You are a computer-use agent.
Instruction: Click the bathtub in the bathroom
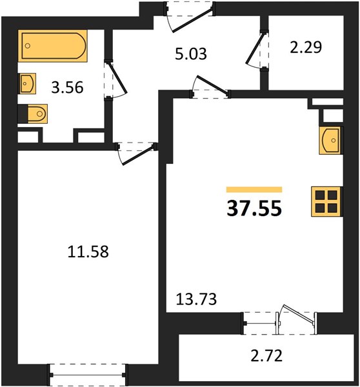[x=52, y=46]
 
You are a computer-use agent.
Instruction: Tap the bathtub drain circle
[x=28, y=46]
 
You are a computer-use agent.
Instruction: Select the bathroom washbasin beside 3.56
[x=27, y=83]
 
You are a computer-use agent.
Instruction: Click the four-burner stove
[x=326, y=202]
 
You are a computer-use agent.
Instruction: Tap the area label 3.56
[x=67, y=88]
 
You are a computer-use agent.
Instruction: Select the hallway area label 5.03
[x=190, y=54]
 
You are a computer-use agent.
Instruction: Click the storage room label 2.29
[x=306, y=47]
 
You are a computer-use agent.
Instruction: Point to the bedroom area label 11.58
[x=88, y=252]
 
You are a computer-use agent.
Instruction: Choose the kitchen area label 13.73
[x=196, y=299]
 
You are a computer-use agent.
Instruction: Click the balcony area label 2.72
[x=266, y=356]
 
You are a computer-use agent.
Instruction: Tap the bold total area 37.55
[x=254, y=208]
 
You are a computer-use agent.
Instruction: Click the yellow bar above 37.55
[x=254, y=189]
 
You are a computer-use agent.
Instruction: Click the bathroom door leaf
[x=118, y=77]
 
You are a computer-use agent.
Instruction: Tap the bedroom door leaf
[x=138, y=155]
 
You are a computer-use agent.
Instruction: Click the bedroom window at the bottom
[x=87, y=375]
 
